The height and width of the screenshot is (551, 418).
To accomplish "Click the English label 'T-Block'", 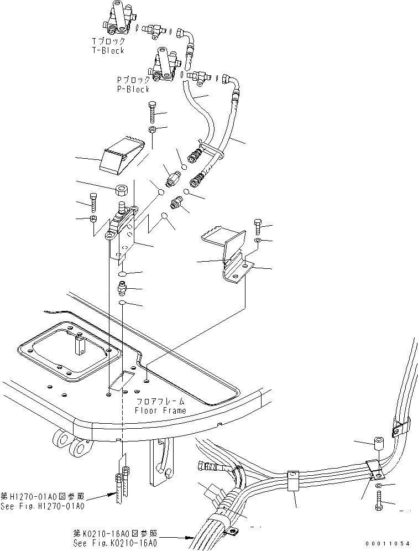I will pos(108,50).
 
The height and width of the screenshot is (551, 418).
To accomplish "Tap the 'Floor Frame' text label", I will pos(160,410).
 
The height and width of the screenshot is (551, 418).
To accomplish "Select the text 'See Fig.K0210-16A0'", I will pos(115,543).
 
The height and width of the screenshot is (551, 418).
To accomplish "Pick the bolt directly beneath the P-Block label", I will pos(153,113).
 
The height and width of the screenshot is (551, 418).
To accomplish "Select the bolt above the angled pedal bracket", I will pos(258,226).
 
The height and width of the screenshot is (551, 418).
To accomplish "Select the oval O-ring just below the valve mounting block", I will pos(123,274).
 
